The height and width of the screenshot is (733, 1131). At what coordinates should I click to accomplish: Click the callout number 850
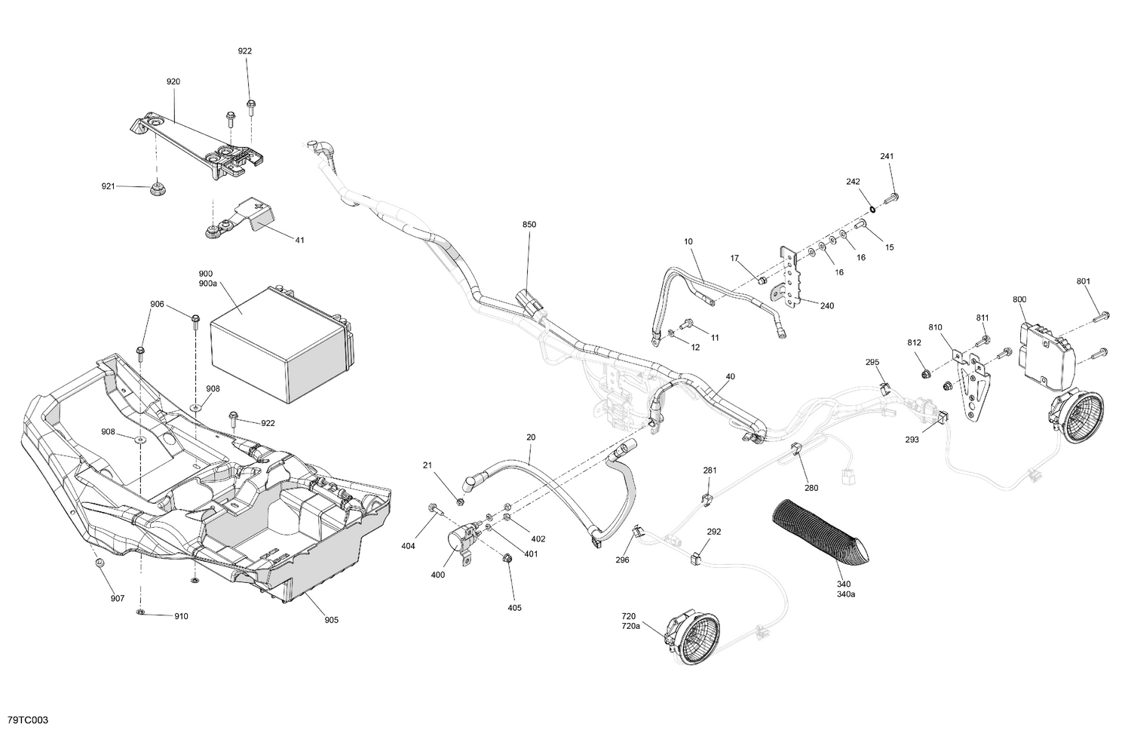tap(529, 225)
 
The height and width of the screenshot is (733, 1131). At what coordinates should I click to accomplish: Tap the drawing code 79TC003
tap(27, 720)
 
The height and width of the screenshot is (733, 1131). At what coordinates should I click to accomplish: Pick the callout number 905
tap(331, 620)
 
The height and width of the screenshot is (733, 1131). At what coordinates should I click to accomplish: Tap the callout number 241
tap(887, 157)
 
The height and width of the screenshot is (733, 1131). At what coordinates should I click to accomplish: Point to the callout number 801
tap(1083, 282)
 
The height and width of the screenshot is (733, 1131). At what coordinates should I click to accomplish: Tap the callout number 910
tap(181, 616)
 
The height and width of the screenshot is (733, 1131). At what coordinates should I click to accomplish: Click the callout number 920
tap(173, 81)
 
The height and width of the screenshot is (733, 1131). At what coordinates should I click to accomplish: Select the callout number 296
tap(622, 560)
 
